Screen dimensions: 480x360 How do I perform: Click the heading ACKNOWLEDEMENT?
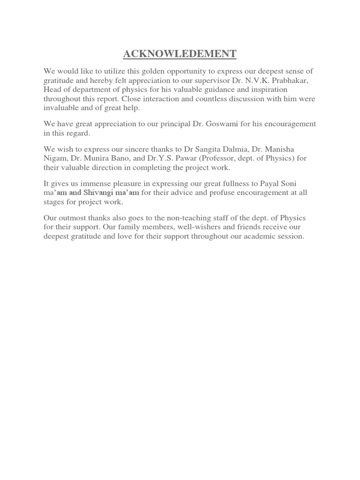(x=180, y=54)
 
